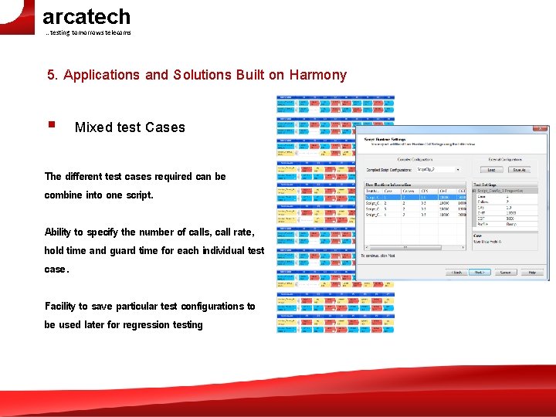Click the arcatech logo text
[x=86, y=16]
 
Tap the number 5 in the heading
[x=51, y=75]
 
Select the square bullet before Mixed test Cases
[x=50, y=124]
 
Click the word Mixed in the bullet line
[x=92, y=127]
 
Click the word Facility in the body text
[x=61, y=306]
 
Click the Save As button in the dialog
[x=518, y=169]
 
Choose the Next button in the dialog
[x=479, y=273]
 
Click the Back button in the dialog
[x=456, y=273]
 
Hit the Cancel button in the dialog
[x=506, y=273]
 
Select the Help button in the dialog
[x=531, y=273]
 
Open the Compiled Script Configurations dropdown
[x=437, y=169]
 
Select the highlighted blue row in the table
[x=415, y=197]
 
